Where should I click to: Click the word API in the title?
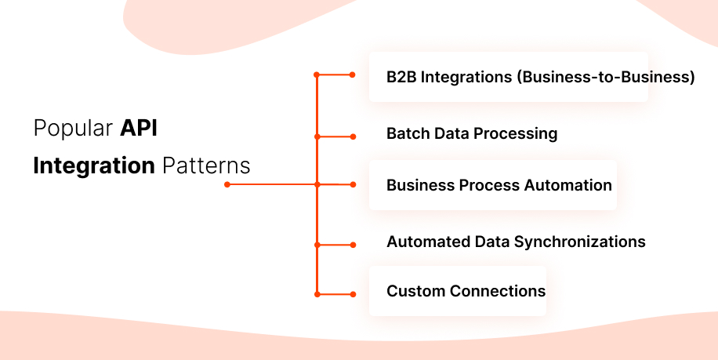[x=139, y=129]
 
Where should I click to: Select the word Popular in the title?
[x=74, y=129]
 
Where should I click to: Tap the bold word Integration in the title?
[x=94, y=166]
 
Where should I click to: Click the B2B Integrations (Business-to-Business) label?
[x=540, y=78]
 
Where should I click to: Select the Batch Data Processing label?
[x=472, y=134]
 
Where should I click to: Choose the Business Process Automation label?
[x=499, y=186]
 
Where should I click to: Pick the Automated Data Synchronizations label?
[x=516, y=242]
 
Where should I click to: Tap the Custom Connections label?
[x=466, y=291]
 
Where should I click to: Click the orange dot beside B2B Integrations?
[x=353, y=75]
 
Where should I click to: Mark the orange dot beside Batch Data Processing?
[x=353, y=136]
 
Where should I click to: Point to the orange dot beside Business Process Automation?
[x=353, y=185]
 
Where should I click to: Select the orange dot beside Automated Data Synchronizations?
[x=353, y=245]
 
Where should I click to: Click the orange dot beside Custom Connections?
[x=353, y=295]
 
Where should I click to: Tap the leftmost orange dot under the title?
[x=227, y=185]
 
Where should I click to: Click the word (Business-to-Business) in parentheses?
[x=608, y=78]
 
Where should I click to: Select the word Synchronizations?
[x=579, y=242]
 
